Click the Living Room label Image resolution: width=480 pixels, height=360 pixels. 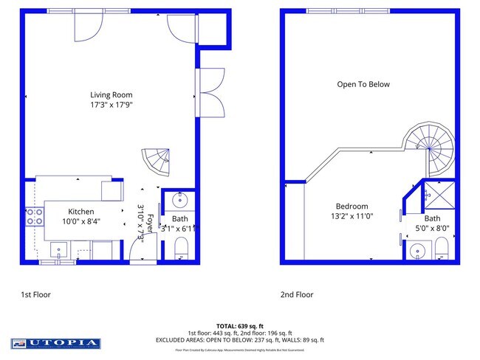pyautogui.click(x=112, y=94)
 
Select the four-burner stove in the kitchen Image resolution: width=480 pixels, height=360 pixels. pyautogui.click(x=34, y=216)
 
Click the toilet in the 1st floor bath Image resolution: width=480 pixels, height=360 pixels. pyautogui.click(x=181, y=253)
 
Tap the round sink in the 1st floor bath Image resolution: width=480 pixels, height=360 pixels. pyautogui.click(x=179, y=201)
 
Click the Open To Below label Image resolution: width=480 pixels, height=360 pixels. pyautogui.click(x=363, y=84)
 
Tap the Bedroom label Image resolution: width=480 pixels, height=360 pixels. pyautogui.click(x=352, y=207)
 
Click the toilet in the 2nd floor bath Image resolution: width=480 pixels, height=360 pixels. pyautogui.click(x=441, y=253)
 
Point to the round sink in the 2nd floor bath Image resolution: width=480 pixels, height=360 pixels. pyautogui.click(x=417, y=251)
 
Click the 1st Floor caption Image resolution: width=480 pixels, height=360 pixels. pyautogui.click(x=35, y=294)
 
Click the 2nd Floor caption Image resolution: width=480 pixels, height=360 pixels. pyautogui.click(x=296, y=294)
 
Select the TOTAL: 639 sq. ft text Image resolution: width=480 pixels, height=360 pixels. pyautogui.click(x=239, y=325)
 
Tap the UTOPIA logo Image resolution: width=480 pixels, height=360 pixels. pyautogui.click(x=55, y=343)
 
